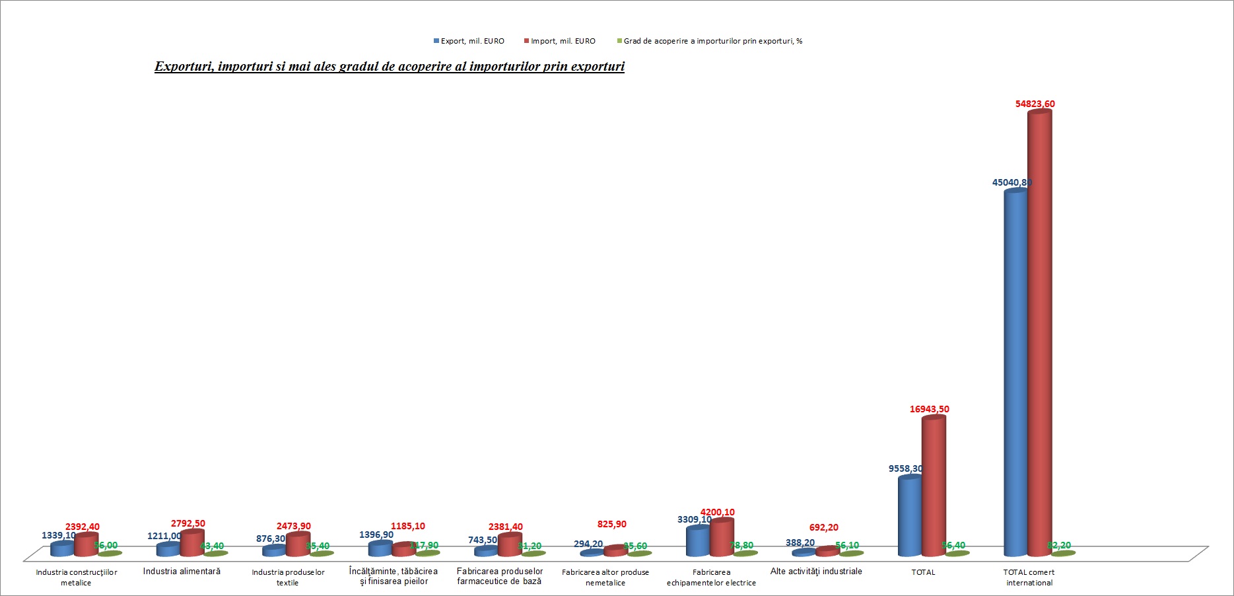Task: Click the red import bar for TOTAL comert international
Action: click(1039, 330)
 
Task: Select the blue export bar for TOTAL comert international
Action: click(1015, 370)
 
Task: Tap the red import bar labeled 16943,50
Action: click(934, 486)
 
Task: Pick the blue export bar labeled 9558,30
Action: click(910, 515)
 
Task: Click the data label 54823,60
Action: click(1035, 104)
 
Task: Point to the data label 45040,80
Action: click(1011, 182)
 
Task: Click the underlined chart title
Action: click(390, 67)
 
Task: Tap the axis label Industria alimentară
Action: click(182, 572)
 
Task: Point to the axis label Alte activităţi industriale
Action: click(816, 572)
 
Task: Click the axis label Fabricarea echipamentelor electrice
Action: click(711, 577)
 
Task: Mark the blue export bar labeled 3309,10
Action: click(698, 542)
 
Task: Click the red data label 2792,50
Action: click(188, 523)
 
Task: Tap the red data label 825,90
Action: click(611, 524)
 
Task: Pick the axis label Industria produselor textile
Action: click(288, 577)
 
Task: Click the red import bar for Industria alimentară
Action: click(192, 543)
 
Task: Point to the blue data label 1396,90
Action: click(376, 535)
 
